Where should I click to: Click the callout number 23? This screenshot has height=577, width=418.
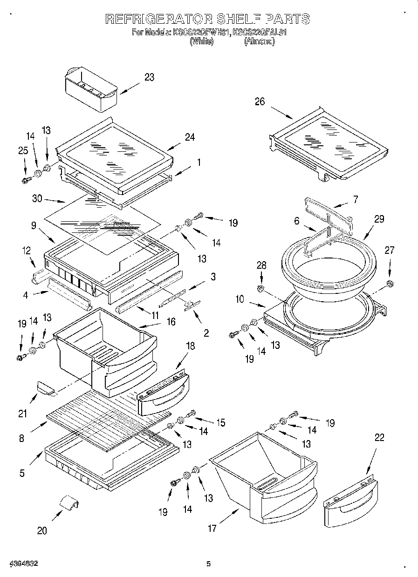(x=149, y=77)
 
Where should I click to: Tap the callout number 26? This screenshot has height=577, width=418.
(x=260, y=102)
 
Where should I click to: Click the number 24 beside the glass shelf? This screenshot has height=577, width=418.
(x=189, y=137)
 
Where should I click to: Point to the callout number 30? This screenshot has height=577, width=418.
(x=37, y=198)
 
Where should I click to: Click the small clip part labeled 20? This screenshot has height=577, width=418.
(x=69, y=504)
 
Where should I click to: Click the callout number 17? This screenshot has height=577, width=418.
(x=212, y=528)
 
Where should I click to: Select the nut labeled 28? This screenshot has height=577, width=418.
(x=261, y=290)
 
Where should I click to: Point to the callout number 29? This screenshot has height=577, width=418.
(x=379, y=219)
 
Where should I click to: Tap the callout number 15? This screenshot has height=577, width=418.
(x=220, y=422)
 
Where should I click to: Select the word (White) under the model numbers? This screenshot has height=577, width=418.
(x=201, y=41)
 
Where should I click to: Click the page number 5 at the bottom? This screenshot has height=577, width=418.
(x=209, y=564)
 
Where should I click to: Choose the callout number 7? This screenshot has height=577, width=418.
(x=355, y=199)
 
